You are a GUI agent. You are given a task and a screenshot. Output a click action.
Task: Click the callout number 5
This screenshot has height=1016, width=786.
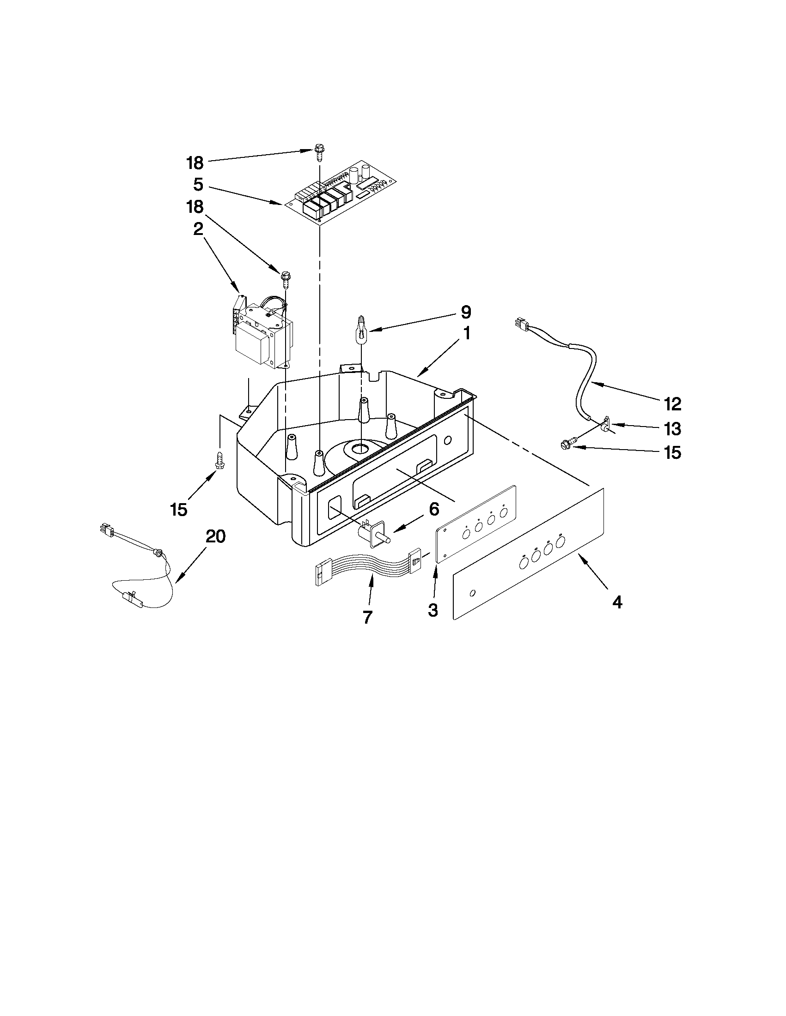click(x=198, y=185)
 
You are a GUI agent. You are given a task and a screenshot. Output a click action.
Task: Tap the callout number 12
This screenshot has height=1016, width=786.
click(x=673, y=404)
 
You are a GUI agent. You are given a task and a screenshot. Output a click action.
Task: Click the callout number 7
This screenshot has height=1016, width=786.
click(x=367, y=617)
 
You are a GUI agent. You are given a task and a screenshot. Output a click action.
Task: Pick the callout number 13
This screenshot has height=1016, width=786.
click(x=673, y=429)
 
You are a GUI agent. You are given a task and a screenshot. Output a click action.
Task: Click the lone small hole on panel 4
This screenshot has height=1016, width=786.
click(x=473, y=593)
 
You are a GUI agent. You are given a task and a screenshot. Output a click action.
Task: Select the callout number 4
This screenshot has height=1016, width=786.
click(x=617, y=602)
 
